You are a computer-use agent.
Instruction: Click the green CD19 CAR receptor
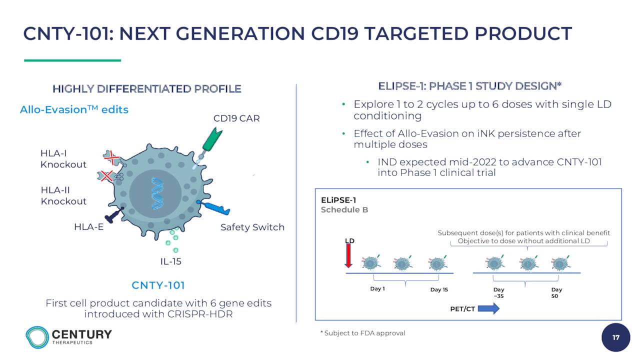[211, 140]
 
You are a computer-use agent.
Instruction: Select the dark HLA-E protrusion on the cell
[114, 215]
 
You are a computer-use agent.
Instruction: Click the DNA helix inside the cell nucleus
[157, 193]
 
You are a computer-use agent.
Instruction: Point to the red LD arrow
[348, 255]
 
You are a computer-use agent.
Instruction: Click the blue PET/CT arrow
[488, 308]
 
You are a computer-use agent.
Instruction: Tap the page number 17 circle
[615, 337]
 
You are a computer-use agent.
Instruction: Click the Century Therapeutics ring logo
[37, 337]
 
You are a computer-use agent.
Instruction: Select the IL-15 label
[171, 261]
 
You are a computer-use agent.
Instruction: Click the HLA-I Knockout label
[63, 159]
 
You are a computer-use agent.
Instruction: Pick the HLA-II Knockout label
[63, 195]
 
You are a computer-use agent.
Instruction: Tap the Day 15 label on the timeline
[439, 289]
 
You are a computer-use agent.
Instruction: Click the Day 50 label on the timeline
[556, 293]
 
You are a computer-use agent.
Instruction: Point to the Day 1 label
[377, 289]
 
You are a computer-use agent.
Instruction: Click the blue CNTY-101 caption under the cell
[158, 285]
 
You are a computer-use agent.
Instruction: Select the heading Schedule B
[344, 209]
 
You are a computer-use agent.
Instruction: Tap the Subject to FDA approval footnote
[363, 333]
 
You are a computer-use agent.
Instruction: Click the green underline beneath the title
[72, 60]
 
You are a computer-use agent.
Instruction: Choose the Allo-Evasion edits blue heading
[74, 109]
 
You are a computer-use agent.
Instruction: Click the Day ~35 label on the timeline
[498, 293]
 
